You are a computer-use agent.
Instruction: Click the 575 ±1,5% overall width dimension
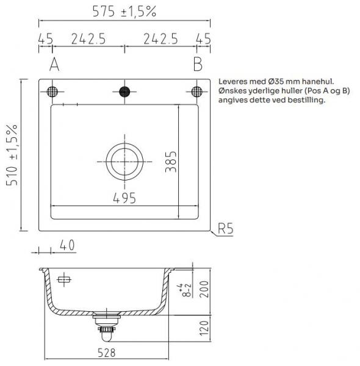point(125,10)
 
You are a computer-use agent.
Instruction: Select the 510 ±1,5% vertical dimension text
point(13,156)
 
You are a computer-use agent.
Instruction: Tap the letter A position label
point(54,63)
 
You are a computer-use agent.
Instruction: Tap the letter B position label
point(196,63)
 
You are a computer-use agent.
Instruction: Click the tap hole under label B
point(196,91)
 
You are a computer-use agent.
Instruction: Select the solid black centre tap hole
point(125,91)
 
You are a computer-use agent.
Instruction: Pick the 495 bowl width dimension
point(124,198)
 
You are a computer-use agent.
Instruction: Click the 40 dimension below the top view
point(67,245)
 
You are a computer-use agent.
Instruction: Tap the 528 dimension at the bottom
point(106,353)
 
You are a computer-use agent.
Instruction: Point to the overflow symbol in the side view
point(63,280)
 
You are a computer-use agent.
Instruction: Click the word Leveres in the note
point(231,81)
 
